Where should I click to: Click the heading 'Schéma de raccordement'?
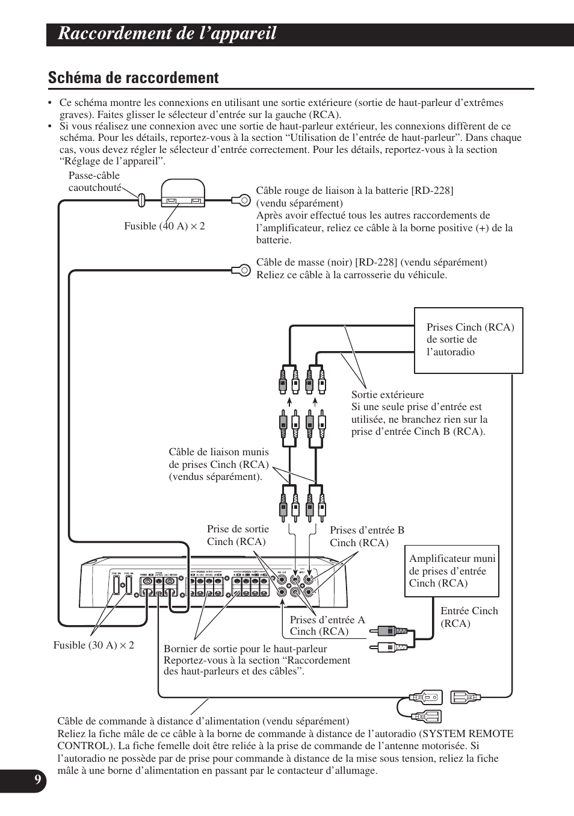point(133,78)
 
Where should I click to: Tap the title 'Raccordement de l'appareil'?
point(167,34)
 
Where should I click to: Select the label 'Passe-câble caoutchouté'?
point(94,181)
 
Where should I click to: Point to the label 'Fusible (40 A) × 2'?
point(164,226)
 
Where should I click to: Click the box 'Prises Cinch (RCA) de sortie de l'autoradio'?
point(468,340)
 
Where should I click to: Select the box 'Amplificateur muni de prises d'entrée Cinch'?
point(452,571)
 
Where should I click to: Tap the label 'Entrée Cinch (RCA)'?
point(469,617)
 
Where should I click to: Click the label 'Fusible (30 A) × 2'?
point(94,645)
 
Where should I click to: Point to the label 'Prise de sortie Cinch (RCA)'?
point(238,535)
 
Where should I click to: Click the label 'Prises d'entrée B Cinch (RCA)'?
point(367,536)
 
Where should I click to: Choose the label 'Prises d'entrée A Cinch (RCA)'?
point(327,625)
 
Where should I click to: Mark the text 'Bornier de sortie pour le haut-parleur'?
point(245,649)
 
